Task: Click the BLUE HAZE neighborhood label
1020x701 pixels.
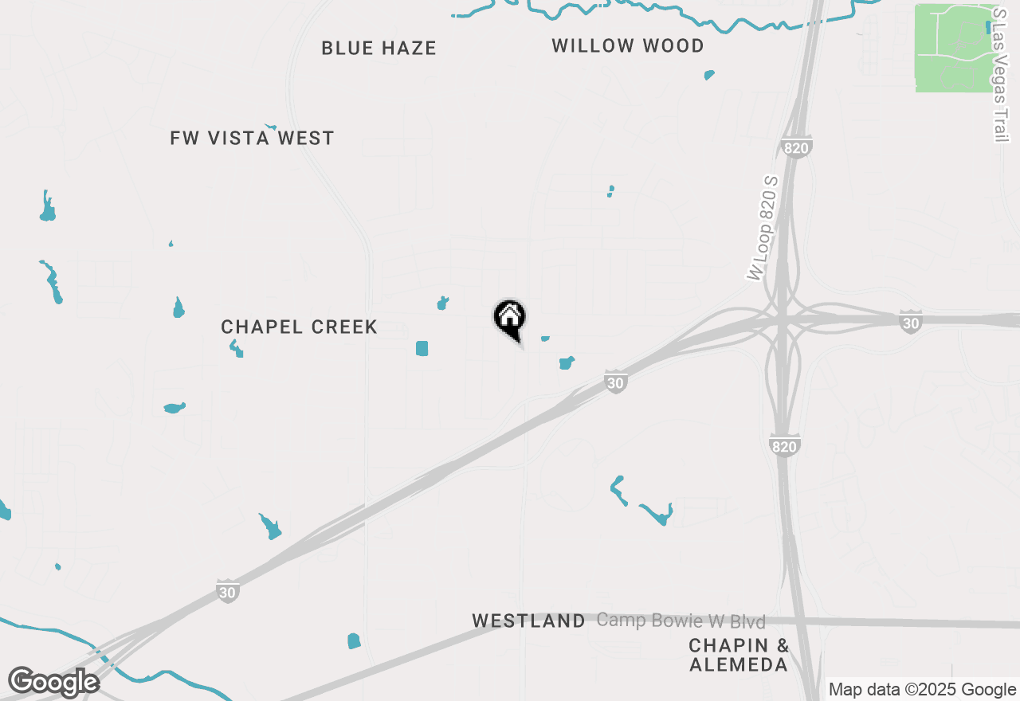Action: [379, 49]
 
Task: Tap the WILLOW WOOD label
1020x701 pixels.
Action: [628, 46]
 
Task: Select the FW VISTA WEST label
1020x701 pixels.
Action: [252, 139]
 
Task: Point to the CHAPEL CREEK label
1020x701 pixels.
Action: [299, 327]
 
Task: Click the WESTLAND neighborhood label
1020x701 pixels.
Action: [528, 621]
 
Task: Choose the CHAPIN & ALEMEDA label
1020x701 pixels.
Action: [739, 655]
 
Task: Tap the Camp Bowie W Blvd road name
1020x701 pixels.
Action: [681, 621]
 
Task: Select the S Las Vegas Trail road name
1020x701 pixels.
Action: [1001, 76]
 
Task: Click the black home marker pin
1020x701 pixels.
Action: [510, 319]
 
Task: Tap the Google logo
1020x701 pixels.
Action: [53, 683]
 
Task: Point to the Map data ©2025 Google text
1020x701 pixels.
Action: [922, 690]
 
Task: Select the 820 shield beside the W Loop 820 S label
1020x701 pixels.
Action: [796, 147]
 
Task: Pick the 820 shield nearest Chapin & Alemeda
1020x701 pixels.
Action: [784, 446]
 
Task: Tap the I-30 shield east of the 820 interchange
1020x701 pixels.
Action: [911, 321]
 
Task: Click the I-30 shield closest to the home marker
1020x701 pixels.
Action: [614, 383]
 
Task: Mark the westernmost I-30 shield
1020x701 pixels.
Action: [228, 591]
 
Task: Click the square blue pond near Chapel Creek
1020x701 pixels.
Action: [422, 348]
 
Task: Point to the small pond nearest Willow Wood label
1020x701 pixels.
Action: [709, 75]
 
